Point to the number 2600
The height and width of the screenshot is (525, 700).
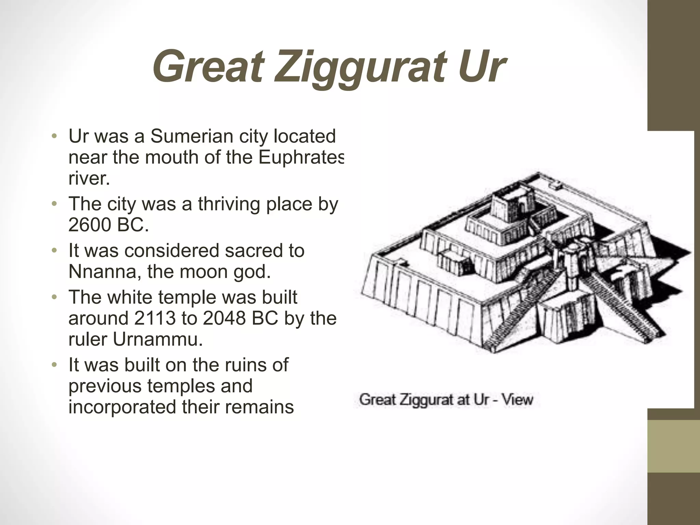pyautogui.click(x=90, y=225)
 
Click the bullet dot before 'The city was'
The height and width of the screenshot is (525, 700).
pyautogui.click(x=54, y=204)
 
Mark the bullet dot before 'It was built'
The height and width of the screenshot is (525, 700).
pyautogui.click(x=54, y=365)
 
